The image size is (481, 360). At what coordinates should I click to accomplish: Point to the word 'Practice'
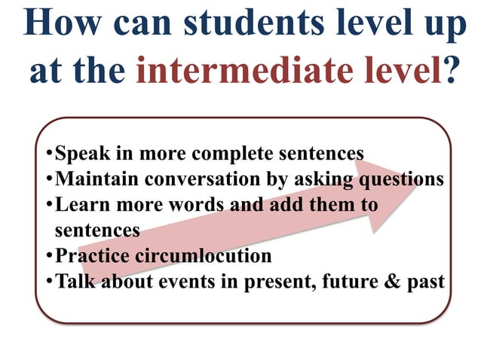tap(91, 256)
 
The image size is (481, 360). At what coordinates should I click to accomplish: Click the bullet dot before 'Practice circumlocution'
tap(49, 256)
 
